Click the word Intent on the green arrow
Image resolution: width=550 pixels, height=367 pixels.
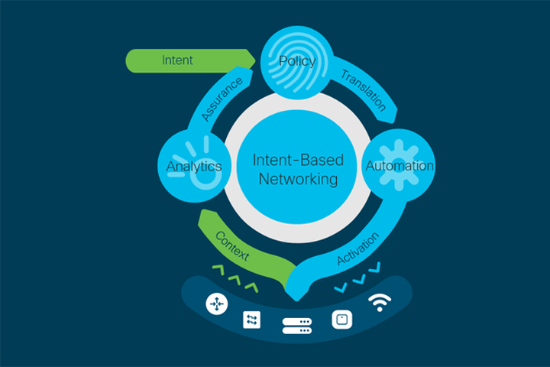click(177, 59)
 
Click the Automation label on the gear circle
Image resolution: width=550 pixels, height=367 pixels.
click(400, 166)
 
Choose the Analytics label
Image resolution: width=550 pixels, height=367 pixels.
click(194, 166)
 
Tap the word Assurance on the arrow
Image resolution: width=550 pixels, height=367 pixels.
click(223, 99)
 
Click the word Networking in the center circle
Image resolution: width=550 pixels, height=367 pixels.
click(298, 180)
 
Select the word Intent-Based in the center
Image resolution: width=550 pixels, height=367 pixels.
click(298, 161)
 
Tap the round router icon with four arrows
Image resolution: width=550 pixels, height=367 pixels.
click(217, 304)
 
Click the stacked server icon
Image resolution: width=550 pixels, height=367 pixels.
click(297, 326)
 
